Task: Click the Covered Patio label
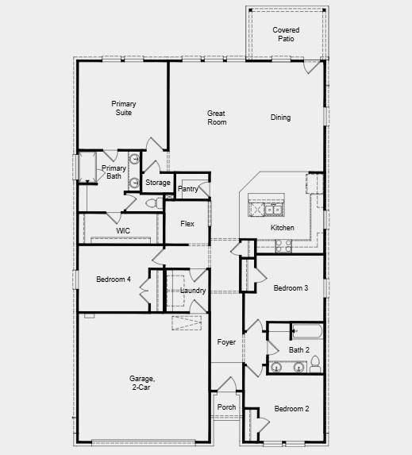(286, 34)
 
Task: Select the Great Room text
(217, 118)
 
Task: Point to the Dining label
(280, 118)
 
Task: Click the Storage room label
(158, 183)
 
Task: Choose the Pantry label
(188, 189)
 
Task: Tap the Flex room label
(187, 224)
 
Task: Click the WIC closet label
(123, 230)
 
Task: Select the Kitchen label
(282, 228)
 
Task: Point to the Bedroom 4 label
(114, 279)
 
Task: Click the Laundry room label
(193, 291)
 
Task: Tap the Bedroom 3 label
(291, 287)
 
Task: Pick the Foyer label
(226, 341)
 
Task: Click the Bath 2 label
(299, 349)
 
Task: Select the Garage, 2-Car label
(143, 383)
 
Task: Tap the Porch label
(226, 407)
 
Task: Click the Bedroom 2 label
(291, 409)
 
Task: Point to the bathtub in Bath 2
(306, 331)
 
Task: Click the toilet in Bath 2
(315, 364)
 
